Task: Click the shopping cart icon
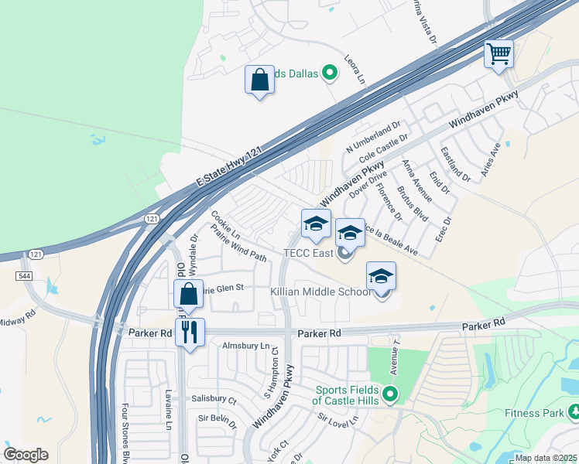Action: click(499, 54)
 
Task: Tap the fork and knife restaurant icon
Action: click(190, 333)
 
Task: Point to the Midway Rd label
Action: click(17, 318)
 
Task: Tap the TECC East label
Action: click(307, 253)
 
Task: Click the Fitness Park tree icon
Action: click(573, 411)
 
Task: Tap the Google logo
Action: click(26, 455)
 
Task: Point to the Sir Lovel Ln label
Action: click(339, 421)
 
